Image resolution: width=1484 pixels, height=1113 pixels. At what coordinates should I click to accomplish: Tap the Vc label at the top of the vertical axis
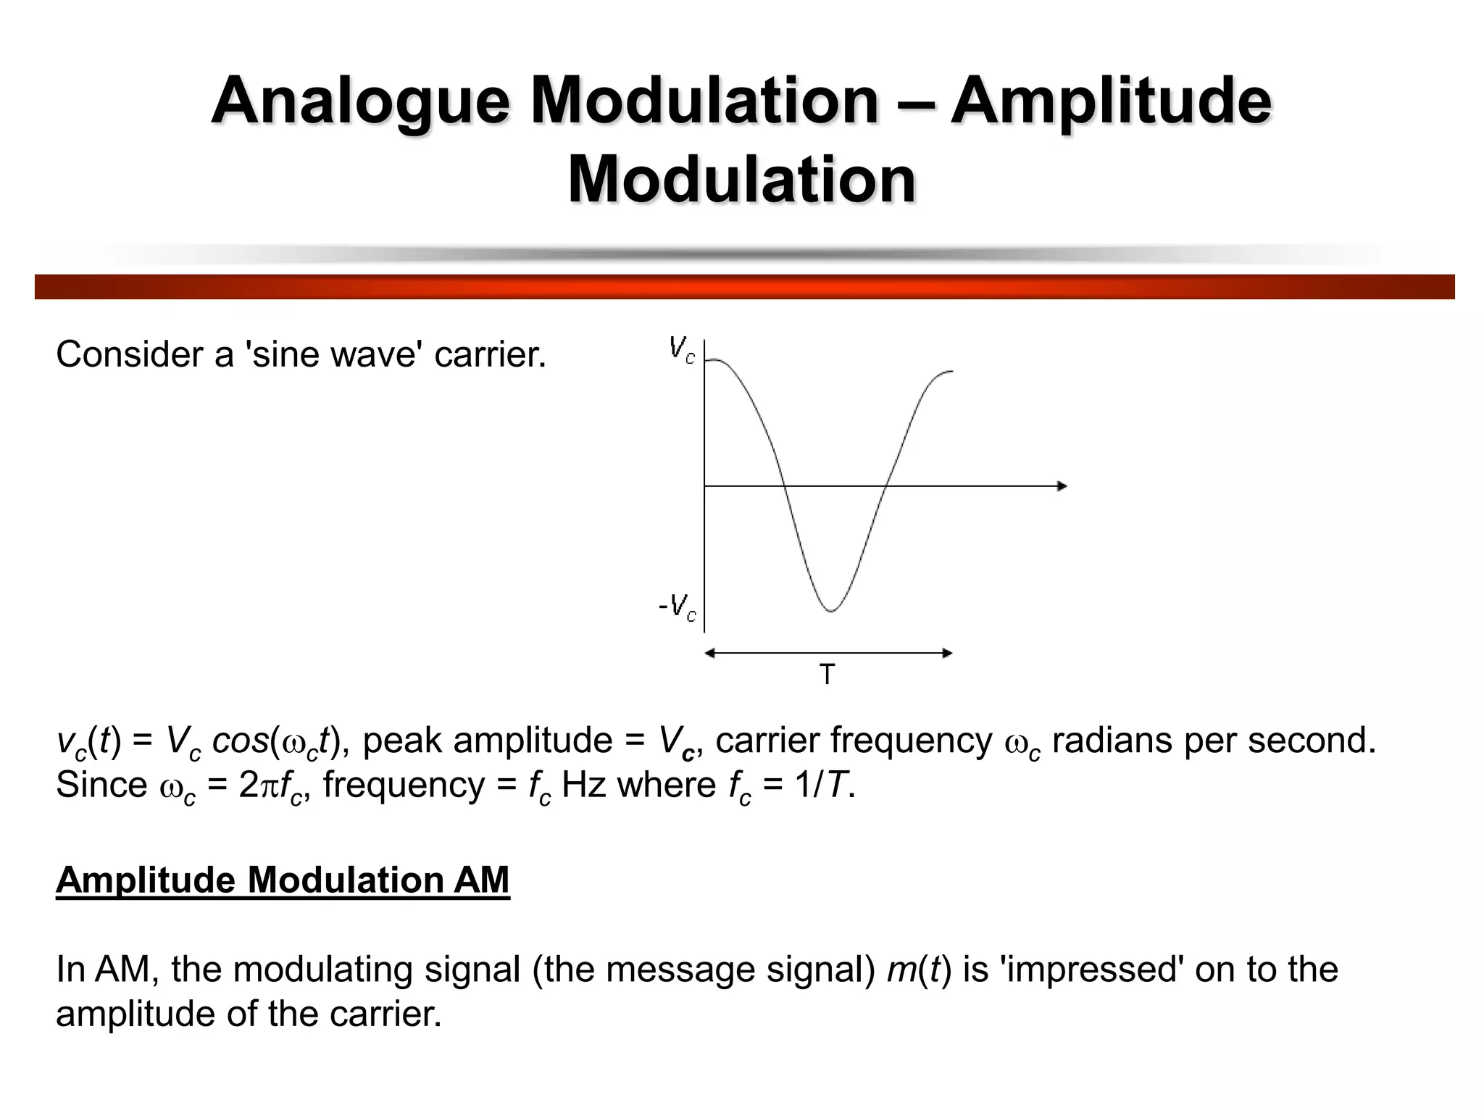[x=682, y=350]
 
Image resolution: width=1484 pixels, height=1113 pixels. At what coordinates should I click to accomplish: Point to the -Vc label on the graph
[x=678, y=607]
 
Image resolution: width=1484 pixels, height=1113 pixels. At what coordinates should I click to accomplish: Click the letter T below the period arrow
[x=827, y=675]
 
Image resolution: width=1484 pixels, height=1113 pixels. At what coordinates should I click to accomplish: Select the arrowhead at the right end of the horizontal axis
[x=1062, y=485]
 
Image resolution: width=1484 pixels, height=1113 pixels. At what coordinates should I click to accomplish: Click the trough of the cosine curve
[x=831, y=610]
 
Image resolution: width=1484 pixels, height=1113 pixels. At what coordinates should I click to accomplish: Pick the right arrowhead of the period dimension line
[x=946, y=653]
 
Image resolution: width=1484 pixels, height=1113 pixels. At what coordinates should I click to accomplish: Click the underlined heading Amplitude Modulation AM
[x=283, y=880]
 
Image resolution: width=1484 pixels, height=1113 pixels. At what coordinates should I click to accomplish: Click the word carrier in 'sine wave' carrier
[x=489, y=355]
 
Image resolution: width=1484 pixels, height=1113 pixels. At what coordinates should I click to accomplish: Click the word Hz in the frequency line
[x=583, y=785]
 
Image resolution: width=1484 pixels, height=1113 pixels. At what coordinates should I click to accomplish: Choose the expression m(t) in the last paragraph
[x=919, y=970]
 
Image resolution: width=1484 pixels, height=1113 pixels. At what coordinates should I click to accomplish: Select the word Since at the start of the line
[x=101, y=785]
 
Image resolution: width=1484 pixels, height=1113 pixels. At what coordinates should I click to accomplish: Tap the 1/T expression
[x=822, y=785]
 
